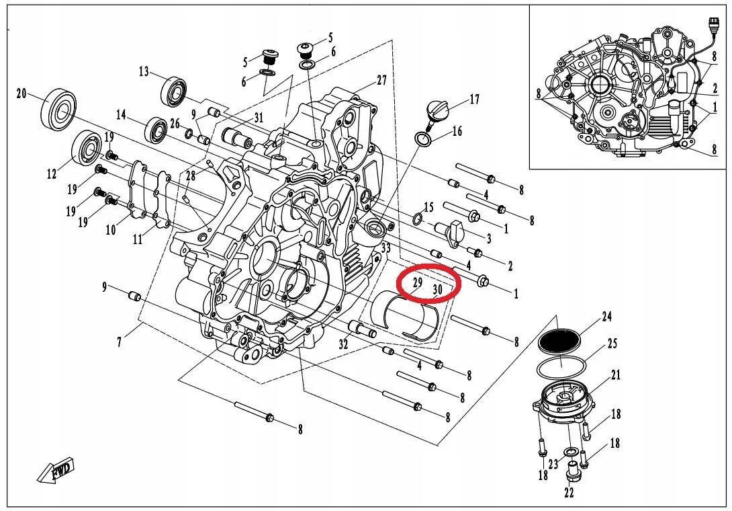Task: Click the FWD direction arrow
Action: tap(56, 471)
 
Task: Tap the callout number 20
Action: tap(21, 93)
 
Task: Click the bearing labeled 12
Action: tap(86, 149)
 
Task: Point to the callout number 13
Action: tap(144, 71)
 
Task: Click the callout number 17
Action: tap(474, 100)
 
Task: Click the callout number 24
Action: tap(607, 316)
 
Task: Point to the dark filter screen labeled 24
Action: tap(559, 341)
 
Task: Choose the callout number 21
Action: tap(616, 375)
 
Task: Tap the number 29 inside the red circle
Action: tap(417, 283)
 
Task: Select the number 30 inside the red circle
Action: tap(437, 290)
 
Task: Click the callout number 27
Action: tap(381, 80)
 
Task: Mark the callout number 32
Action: tap(343, 345)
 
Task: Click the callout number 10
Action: tap(110, 230)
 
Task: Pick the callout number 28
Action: tap(190, 175)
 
